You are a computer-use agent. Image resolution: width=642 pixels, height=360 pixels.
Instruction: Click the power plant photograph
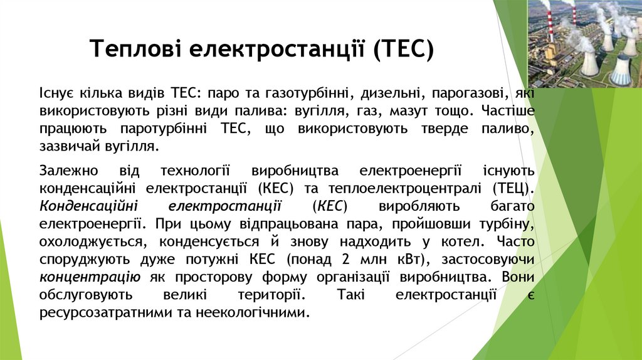[584, 43]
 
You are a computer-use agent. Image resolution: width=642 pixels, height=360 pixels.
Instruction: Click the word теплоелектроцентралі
[413, 188]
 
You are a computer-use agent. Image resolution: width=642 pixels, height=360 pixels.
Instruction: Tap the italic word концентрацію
[90, 277]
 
